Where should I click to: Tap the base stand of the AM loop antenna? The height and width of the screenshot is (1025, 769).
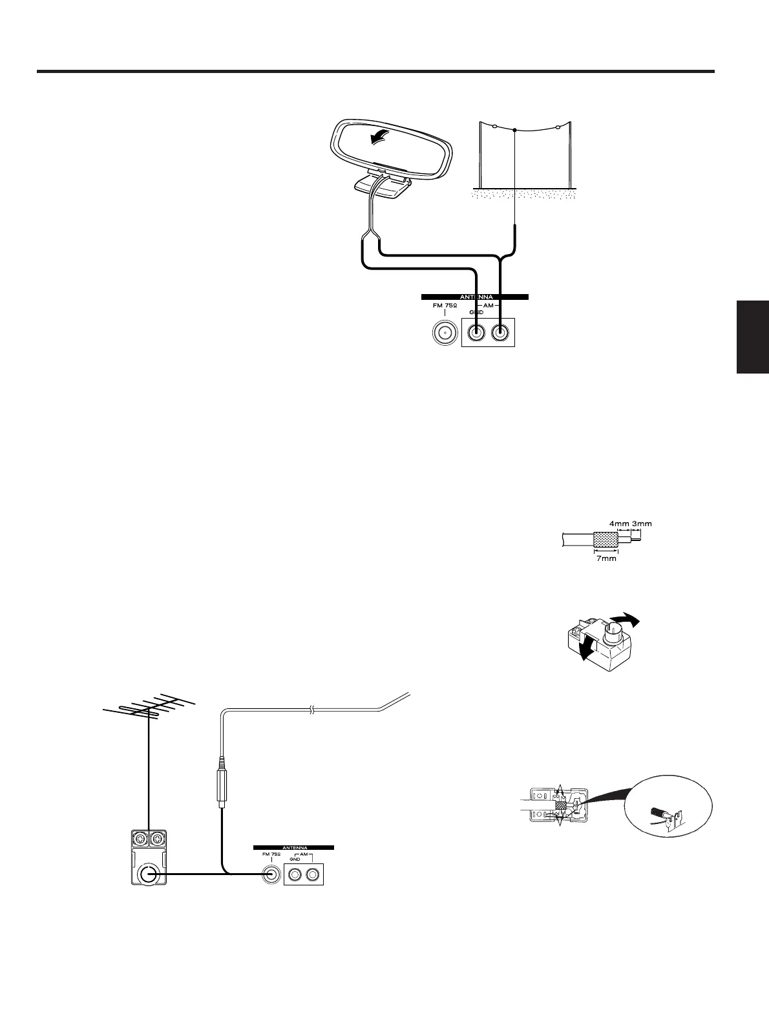tap(383, 186)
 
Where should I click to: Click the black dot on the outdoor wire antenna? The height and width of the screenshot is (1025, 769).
tap(514, 130)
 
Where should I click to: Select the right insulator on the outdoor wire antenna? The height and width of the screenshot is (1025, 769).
tap(557, 127)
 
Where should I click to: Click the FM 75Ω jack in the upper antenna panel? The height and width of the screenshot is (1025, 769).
tap(445, 333)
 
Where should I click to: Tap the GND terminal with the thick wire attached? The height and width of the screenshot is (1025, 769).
tap(476, 333)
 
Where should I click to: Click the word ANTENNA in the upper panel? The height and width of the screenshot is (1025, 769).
tap(475, 297)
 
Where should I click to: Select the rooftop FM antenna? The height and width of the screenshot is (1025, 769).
tap(149, 711)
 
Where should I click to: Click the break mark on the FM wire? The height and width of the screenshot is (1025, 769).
tap(312, 710)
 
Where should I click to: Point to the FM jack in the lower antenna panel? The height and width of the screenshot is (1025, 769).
tap(271, 875)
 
